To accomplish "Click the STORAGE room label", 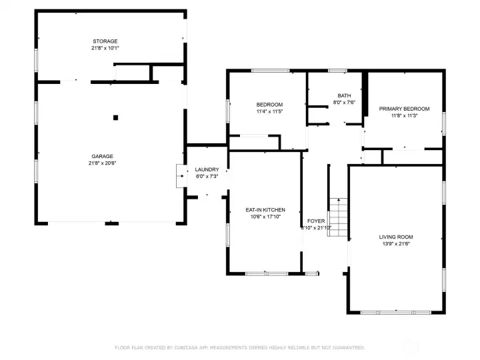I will (105, 41).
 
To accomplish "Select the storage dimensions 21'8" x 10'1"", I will (105, 48).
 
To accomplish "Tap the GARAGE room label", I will (103, 156).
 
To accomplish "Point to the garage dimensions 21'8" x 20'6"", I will (103, 163).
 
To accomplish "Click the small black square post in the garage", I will (115, 117).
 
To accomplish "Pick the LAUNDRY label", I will (207, 169).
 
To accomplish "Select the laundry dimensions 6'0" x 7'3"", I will (207, 176).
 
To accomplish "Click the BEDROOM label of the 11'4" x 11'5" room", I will (269, 105).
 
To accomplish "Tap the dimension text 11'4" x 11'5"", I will (269, 111).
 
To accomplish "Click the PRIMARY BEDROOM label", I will (404, 109).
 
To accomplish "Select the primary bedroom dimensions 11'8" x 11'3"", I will (404, 115).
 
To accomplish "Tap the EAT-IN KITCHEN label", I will (265, 209).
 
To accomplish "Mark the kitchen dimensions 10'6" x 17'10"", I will (265, 217).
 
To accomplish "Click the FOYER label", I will (315, 221).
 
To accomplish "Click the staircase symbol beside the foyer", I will (339, 214).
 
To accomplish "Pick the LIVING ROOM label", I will (396, 237).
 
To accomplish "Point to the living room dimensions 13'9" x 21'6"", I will (396, 244).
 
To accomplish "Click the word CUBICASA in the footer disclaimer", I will (189, 347).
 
